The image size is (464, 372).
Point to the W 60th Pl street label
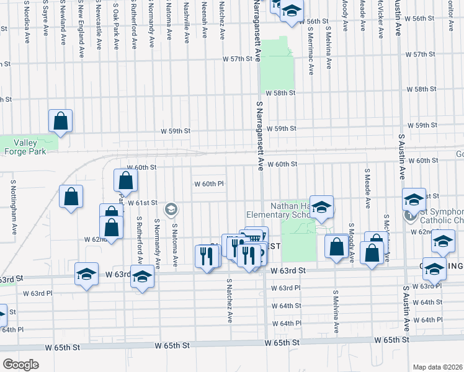(208, 184)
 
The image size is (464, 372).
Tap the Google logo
(20, 365)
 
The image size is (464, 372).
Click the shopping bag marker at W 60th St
(125, 180)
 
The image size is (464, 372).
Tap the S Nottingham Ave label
(14, 208)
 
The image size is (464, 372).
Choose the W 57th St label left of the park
(239, 59)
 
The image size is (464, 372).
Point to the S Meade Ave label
(367, 187)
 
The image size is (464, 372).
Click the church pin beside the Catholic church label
(409, 216)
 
